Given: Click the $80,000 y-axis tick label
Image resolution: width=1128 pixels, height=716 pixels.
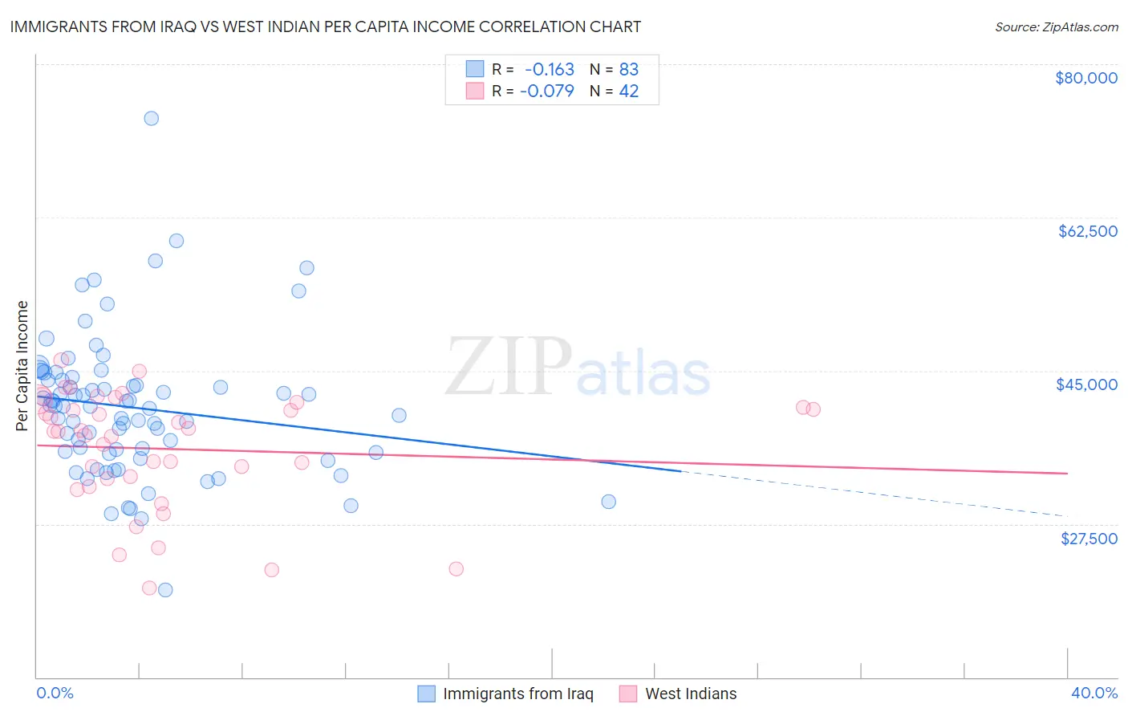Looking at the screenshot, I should pos(1085,78).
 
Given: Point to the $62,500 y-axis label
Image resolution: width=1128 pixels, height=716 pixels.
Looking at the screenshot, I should pos(1087,231).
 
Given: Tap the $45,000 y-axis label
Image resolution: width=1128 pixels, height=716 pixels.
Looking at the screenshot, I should pos(1086,384).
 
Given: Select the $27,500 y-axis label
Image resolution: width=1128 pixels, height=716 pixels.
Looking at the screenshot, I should pos(1089,539).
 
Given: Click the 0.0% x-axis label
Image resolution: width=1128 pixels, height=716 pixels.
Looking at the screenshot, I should pos(55,694).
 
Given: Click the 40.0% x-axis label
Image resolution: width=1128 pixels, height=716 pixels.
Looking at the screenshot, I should pos(1094,694).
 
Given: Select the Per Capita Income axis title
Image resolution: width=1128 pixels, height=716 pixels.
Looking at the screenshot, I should pos(22,365).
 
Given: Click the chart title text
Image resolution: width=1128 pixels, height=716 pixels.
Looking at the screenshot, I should pos(326,26).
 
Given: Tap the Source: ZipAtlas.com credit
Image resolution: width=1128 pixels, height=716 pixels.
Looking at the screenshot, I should pos(1056,27).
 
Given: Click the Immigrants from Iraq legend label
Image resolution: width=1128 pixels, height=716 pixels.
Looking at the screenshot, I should pos(517,694).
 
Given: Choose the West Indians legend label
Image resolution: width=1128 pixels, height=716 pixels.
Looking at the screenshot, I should pos(690,694).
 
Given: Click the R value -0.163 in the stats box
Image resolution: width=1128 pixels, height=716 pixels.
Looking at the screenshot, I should pos(549,70).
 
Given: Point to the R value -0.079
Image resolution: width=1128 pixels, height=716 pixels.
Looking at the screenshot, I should pos(547,91).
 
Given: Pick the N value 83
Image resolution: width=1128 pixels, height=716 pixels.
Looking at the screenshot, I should pos(628,70).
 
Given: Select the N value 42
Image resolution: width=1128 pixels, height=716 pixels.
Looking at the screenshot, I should pos(628,91).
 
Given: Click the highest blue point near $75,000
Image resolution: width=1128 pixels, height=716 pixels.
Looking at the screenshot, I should pos(151,118).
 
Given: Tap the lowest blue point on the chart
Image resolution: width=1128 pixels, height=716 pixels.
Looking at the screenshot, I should pos(165,590).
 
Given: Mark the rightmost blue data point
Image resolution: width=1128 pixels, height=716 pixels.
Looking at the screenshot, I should pos(609,502).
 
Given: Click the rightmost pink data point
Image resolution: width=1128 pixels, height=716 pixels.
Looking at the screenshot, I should pos(814,409).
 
